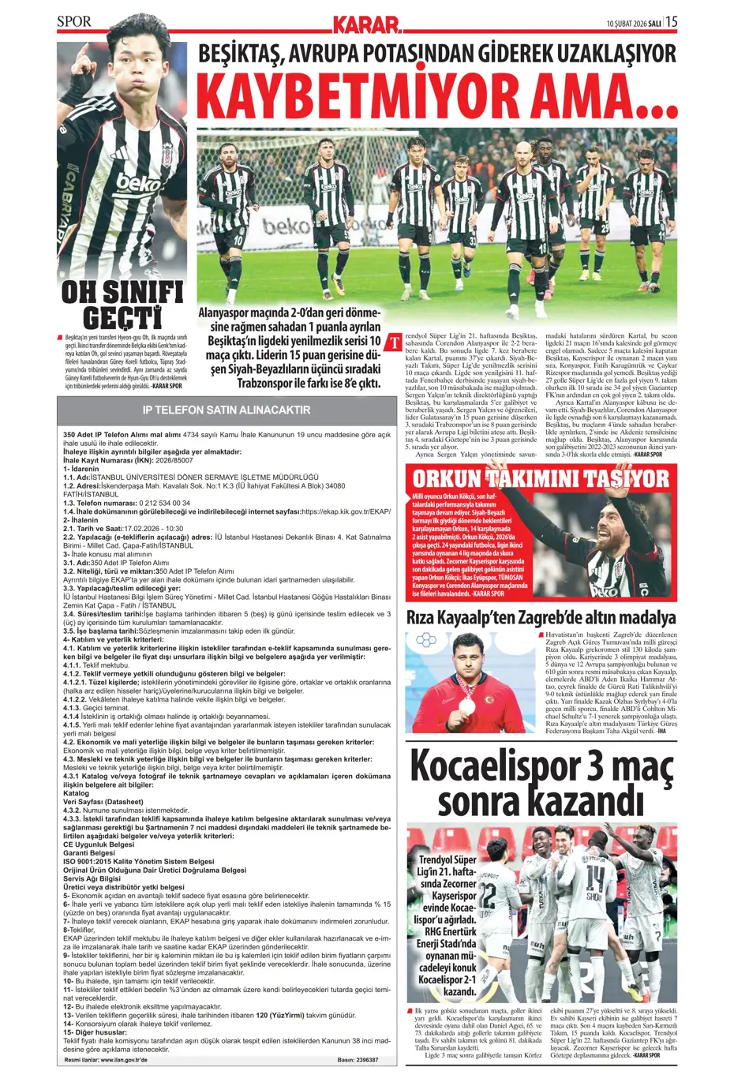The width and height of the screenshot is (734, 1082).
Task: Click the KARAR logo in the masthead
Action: click(367, 24)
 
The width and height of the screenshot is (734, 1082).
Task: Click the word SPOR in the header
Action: click(74, 22)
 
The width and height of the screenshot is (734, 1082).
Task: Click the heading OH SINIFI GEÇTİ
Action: click(122, 304)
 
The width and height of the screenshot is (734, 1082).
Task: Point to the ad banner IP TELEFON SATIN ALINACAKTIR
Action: click(226, 410)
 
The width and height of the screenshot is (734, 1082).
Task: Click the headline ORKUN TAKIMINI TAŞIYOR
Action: click(541, 478)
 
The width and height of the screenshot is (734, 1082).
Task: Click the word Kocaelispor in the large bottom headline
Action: click(494, 767)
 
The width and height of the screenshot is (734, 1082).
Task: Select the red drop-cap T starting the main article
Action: click(392, 343)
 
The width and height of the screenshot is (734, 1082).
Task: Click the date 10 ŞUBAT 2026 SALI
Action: click(633, 23)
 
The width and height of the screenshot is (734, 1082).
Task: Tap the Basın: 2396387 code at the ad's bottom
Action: click(358, 1060)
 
